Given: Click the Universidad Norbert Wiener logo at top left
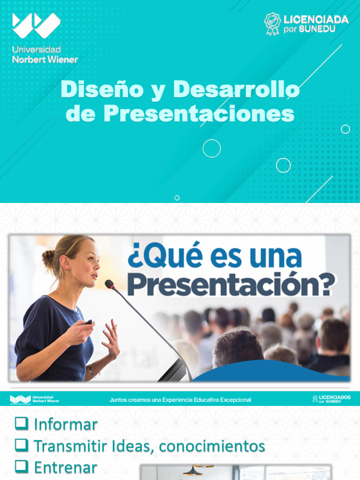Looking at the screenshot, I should pos(37,26).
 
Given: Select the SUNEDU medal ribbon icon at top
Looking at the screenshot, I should pos(272,23).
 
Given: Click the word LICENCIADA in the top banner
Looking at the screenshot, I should pos(316,20).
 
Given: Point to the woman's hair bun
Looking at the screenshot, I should pos(48,257).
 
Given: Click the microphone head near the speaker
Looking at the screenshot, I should pos(109,284).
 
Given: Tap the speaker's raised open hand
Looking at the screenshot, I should pos(111,338).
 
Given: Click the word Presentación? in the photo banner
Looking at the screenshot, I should pos(231,284).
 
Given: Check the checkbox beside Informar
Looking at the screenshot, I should pos(21,423).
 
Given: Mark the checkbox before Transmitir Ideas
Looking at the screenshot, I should pos(21,444).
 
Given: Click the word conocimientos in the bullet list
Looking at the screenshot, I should pos(212,446).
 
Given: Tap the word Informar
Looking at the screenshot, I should pos(66,425).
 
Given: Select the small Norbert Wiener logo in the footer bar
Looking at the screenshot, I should pos(34,399).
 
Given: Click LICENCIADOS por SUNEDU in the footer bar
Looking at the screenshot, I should pos(331,399).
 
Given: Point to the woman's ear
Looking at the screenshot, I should pos(66,262).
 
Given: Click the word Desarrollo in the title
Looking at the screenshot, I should pos(236,90).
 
